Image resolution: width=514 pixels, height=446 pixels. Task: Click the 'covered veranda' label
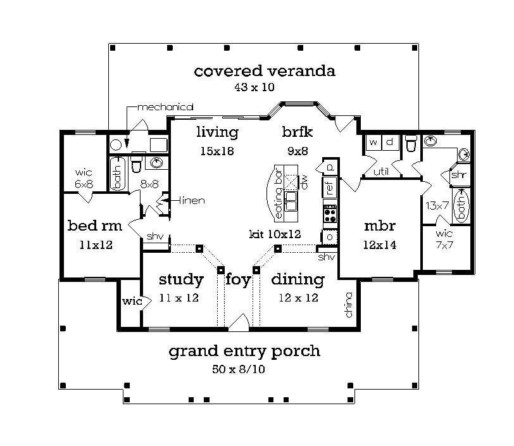coord(265,71)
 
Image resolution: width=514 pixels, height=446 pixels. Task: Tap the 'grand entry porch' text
coord(244,352)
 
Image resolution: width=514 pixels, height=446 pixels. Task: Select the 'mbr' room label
coord(380,226)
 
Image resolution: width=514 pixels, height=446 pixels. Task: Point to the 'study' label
coord(181,279)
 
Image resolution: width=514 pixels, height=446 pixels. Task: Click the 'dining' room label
coord(298,279)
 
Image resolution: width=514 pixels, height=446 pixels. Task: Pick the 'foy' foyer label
coord(238,280)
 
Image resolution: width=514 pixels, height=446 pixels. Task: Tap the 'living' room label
coord(217,132)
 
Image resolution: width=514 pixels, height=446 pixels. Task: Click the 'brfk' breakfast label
coord(298,132)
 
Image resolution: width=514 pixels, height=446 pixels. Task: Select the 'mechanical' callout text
coord(165,107)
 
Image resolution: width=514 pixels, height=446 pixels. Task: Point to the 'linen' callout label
coord(192,200)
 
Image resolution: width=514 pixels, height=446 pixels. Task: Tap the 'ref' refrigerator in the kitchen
coord(330,186)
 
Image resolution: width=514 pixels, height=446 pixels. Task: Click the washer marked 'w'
coord(373,143)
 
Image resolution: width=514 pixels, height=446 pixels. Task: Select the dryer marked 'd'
coord(390,143)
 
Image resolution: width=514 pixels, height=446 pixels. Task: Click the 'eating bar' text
coord(279,193)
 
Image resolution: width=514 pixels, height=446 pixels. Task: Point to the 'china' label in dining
coord(349,305)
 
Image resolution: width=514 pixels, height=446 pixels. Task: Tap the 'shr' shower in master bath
coord(458,175)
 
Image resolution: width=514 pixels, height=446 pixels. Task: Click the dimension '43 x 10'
coord(254,87)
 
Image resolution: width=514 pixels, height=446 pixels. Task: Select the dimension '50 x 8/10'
coord(238,369)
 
